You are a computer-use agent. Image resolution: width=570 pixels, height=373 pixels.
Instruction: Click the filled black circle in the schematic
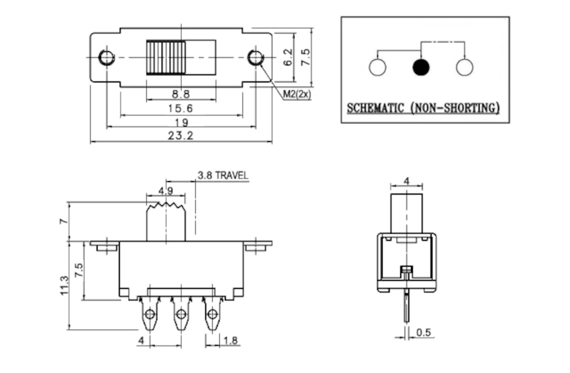[421, 67]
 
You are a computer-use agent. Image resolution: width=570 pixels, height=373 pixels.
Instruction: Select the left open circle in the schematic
[377, 67]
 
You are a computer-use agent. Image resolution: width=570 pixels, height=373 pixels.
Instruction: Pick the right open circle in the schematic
[465, 67]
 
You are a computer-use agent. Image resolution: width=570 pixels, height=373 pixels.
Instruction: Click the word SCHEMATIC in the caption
[375, 108]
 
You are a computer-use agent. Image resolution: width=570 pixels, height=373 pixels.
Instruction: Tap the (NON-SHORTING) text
[455, 108]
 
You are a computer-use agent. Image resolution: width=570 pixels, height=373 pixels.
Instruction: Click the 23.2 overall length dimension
[180, 136]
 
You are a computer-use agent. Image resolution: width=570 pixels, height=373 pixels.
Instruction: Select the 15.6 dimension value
[180, 108]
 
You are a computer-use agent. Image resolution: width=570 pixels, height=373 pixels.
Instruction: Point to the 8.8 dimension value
[180, 94]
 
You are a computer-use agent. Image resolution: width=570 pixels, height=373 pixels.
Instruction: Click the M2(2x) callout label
[297, 94]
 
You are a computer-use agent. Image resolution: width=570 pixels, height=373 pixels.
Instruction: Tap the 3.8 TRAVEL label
[222, 175]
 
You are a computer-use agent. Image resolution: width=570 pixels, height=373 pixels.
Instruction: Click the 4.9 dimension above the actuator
[166, 191]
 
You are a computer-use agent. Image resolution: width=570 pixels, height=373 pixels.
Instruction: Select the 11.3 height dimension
[64, 286]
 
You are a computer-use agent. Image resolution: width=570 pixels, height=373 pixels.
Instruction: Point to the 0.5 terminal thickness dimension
[424, 332]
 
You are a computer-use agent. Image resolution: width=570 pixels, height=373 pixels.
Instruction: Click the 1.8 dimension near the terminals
[231, 340]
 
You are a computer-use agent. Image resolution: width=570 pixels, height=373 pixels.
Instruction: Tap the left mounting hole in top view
[106, 57]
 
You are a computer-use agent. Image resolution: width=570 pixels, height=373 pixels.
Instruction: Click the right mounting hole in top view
[256, 57]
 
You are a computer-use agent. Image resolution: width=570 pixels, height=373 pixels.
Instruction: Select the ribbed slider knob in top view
[166, 58]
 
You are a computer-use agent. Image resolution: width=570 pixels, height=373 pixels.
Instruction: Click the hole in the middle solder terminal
[180, 313]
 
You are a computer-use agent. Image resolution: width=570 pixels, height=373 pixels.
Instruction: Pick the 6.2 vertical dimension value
[288, 57]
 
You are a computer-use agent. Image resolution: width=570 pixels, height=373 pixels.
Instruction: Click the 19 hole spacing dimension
[181, 122]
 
